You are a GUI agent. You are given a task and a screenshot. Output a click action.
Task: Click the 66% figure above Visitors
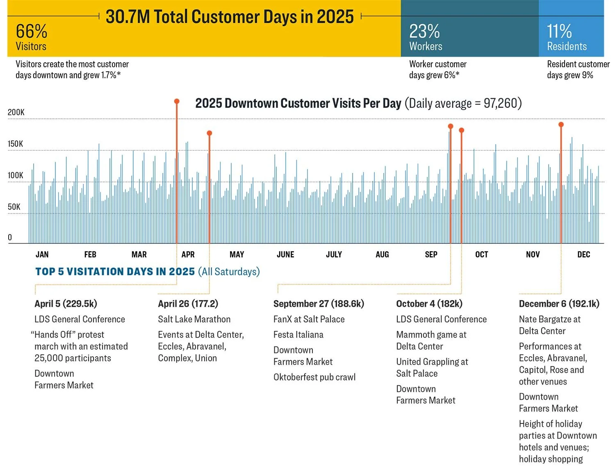pyautogui.click(x=32, y=31)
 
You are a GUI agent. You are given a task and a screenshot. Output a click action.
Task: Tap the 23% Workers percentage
pyautogui.click(x=424, y=31)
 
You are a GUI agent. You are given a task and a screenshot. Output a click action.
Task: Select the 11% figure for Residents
pyautogui.click(x=559, y=31)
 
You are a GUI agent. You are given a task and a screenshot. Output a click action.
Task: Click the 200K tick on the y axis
pyautogui.click(x=16, y=112)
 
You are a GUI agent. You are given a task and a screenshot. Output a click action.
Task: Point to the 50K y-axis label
pyautogui.click(x=14, y=207)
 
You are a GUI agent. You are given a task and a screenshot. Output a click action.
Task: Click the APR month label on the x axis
pyautogui.click(x=188, y=255)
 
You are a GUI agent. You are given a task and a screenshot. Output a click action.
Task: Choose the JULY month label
pyautogui.click(x=334, y=255)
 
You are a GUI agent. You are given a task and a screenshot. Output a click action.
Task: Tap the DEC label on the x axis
pyautogui.click(x=583, y=255)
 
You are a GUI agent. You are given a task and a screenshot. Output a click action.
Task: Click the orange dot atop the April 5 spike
pyautogui.click(x=177, y=101)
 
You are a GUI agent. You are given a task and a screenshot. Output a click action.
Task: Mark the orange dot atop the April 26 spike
pyautogui.click(x=210, y=133)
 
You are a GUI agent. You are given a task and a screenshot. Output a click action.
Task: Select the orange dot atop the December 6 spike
pyautogui.click(x=561, y=124)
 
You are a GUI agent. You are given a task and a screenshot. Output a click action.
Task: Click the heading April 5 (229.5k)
pyautogui.click(x=66, y=304)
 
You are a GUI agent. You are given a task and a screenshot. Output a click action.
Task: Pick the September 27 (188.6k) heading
pyautogui.click(x=319, y=304)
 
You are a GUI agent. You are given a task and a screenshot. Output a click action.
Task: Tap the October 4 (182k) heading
pyautogui.click(x=429, y=304)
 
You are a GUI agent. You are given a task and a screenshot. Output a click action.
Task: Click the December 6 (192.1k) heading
pyautogui.click(x=559, y=304)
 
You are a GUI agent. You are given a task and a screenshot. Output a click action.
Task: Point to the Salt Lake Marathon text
pyautogui.click(x=194, y=319)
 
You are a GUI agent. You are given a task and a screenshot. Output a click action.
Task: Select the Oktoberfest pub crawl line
pyautogui.click(x=314, y=377)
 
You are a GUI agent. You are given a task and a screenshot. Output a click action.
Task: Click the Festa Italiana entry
pyautogui.click(x=298, y=335)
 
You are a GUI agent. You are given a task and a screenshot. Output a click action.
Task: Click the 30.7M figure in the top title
pyautogui.click(x=128, y=17)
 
